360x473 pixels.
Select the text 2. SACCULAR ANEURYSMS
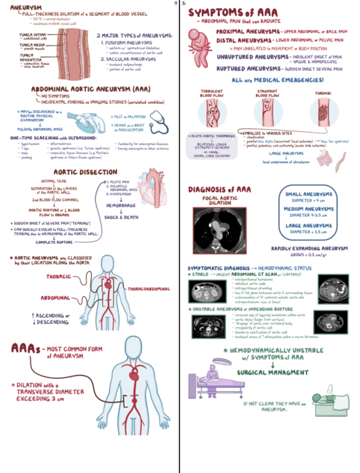129,59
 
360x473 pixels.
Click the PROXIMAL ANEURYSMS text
245,32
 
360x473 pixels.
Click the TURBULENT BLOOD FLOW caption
212,93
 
